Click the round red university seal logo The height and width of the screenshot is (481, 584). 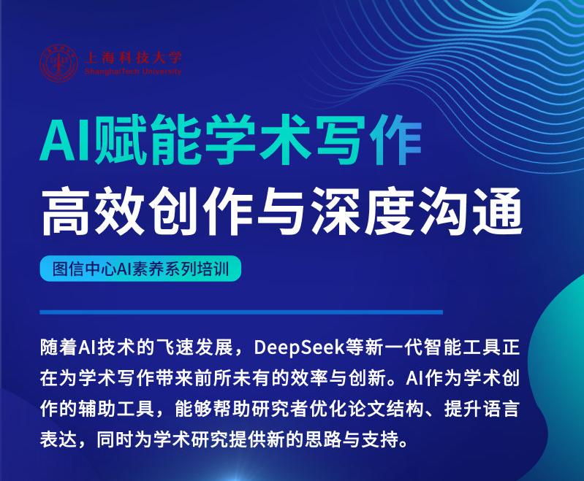point(59,64)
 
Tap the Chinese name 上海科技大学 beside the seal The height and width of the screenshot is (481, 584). point(133,57)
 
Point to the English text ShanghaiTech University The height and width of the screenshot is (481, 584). point(133,72)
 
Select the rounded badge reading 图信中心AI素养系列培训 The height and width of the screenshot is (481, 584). point(140,269)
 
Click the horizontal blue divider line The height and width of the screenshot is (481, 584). point(241,312)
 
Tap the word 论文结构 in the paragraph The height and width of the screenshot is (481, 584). point(386,409)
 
